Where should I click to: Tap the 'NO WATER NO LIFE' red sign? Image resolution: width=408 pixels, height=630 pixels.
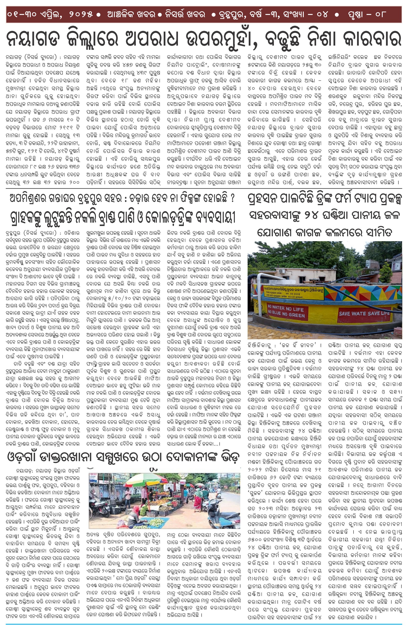[287, 312]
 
